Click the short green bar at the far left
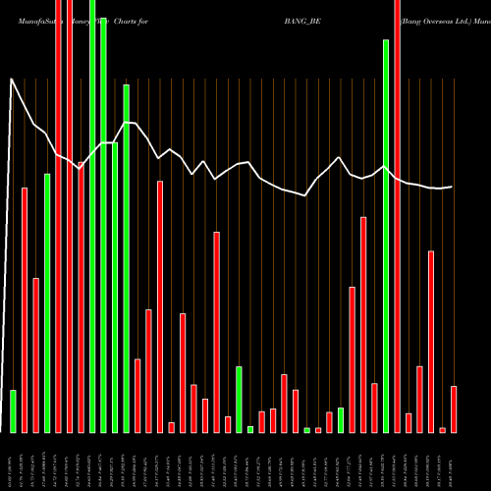(13, 410)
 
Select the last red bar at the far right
(454, 409)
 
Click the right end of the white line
(452, 187)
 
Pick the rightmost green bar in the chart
(386, 236)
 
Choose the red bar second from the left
(35, 355)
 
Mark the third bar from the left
(35, 355)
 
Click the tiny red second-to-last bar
(442, 429)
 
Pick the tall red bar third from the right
(431, 341)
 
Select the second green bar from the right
(341, 419)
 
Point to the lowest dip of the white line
(306, 195)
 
